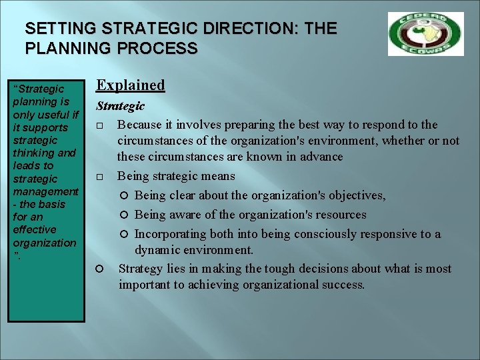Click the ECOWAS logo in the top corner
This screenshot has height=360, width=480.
pos(425,34)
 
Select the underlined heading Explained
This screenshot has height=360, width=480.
pos(131,85)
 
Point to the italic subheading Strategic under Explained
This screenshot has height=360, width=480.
pos(120,106)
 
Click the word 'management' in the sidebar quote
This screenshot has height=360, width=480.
pos(45,191)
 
